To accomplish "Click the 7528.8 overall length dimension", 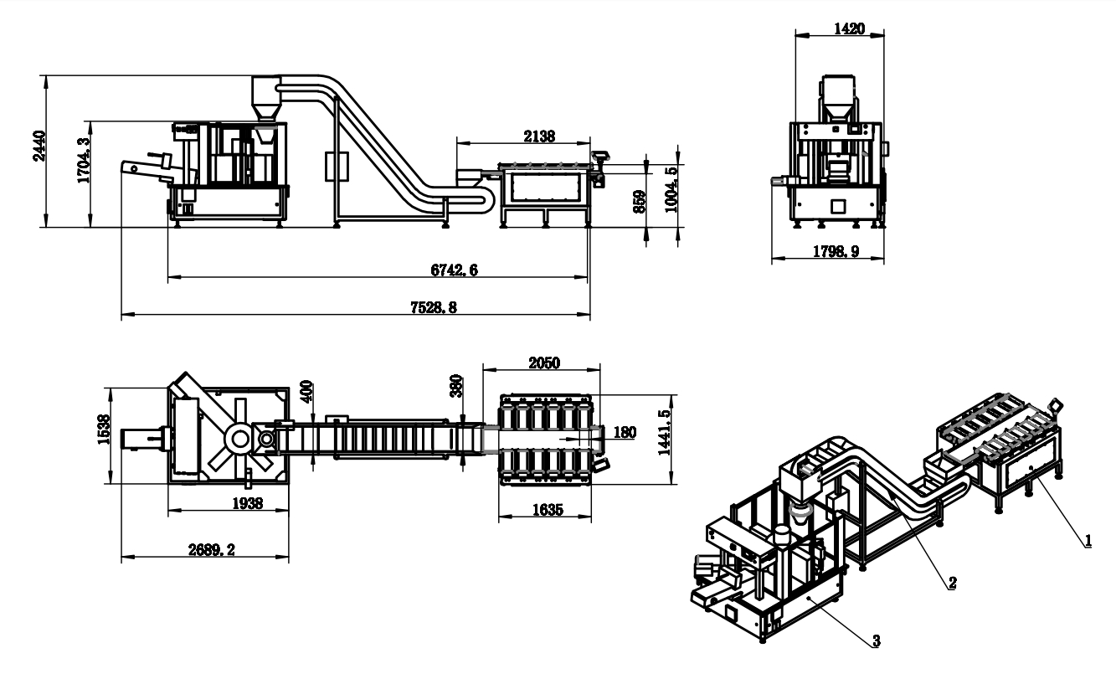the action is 434,307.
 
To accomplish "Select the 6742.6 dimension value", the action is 454,270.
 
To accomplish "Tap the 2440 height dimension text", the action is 39,146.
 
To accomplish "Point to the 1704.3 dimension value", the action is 85,161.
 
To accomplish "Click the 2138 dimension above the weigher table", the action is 539,136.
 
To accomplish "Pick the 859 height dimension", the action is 640,202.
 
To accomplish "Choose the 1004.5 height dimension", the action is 671,190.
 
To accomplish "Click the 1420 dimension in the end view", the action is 850,28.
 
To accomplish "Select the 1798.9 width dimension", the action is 836,251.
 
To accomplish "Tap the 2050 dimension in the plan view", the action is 544,363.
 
